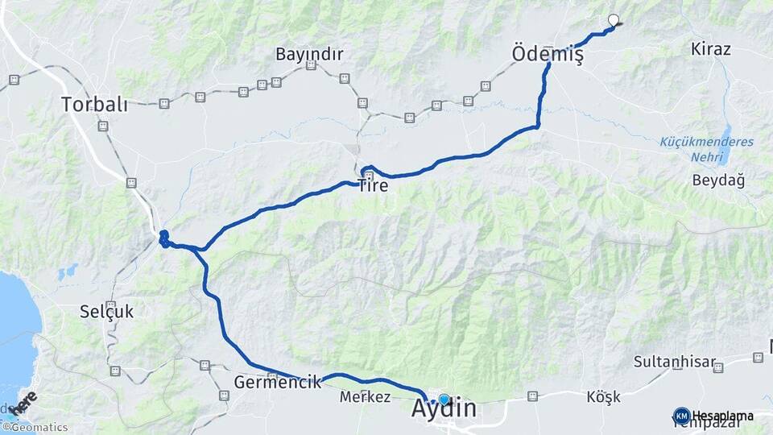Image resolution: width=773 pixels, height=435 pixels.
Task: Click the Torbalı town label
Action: (x=95, y=104)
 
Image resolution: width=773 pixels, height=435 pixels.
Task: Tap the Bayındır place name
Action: (x=309, y=55)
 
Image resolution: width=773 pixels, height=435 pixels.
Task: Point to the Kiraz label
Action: (x=710, y=49)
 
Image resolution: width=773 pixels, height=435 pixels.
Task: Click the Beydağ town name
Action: (x=717, y=180)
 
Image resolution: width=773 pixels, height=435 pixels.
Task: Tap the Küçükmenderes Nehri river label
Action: (x=706, y=148)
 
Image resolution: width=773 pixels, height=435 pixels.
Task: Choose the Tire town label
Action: (x=373, y=186)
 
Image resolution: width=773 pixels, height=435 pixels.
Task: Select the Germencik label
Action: (x=278, y=382)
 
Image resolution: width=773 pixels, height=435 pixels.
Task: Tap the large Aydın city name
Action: (x=454, y=408)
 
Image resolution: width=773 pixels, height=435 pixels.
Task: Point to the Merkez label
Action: (x=365, y=397)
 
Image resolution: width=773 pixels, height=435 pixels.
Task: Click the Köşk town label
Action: (x=603, y=397)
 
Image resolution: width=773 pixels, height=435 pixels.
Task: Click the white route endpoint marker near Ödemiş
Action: (x=614, y=21)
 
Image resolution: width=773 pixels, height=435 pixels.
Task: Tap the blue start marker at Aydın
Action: (x=444, y=399)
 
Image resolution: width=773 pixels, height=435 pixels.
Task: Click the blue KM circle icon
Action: (x=681, y=416)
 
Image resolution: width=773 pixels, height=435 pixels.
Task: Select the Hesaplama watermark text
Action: (x=722, y=416)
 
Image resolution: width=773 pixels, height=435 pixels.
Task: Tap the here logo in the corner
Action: (x=24, y=404)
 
